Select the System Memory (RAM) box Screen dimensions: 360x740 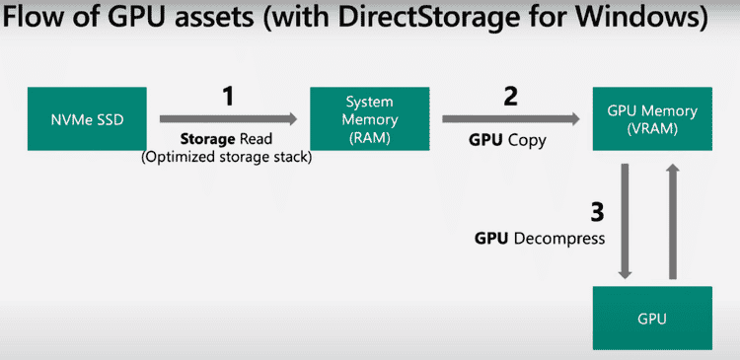368,118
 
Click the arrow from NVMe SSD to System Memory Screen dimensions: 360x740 227,118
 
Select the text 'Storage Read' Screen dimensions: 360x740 227,140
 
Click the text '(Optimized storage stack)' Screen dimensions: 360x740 227,157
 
